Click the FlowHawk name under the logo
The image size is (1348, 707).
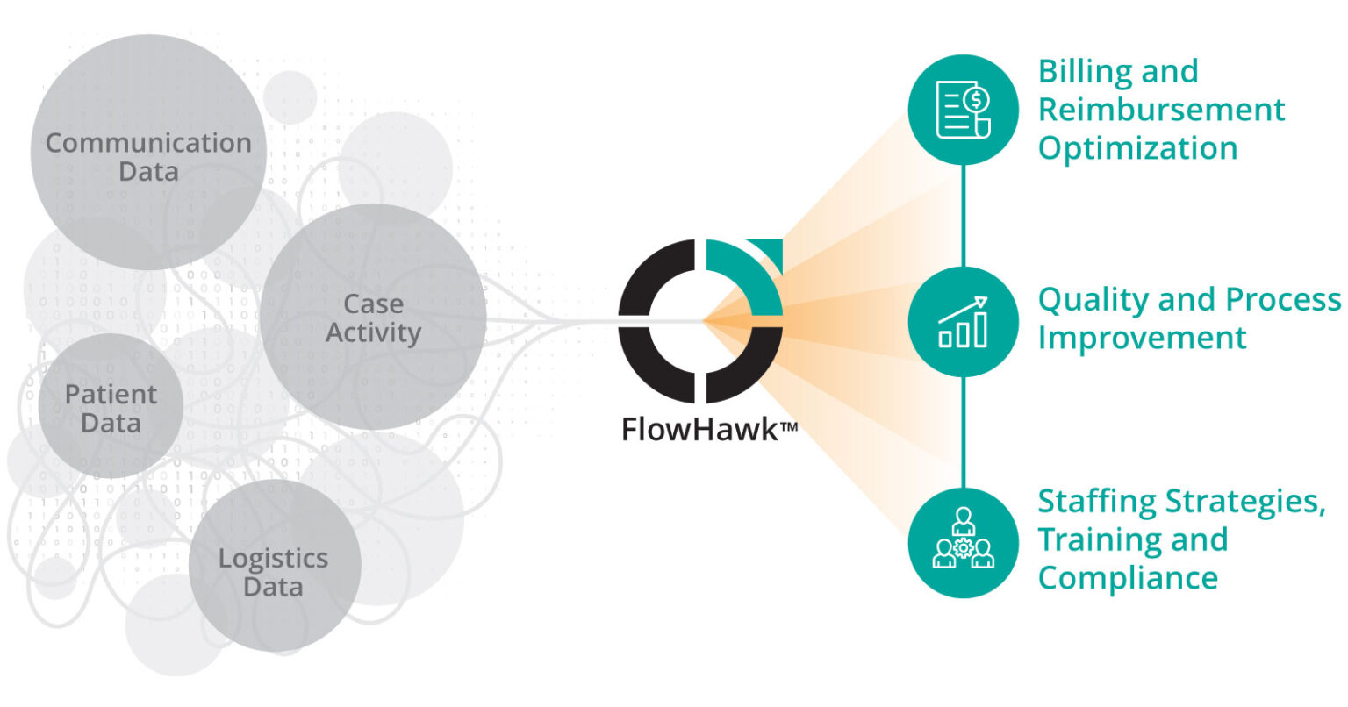(x=698, y=429)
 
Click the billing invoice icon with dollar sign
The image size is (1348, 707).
(x=963, y=110)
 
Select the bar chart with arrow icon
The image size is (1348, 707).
(x=963, y=322)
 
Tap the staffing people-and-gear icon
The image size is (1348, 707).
(x=963, y=542)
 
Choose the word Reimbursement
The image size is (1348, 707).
(x=1161, y=110)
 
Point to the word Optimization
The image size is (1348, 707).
(x=1137, y=148)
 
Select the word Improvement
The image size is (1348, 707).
(x=1142, y=338)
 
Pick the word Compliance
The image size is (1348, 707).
(x=1128, y=578)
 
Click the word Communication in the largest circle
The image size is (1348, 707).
(x=147, y=143)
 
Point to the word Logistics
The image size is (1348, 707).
(x=273, y=559)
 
